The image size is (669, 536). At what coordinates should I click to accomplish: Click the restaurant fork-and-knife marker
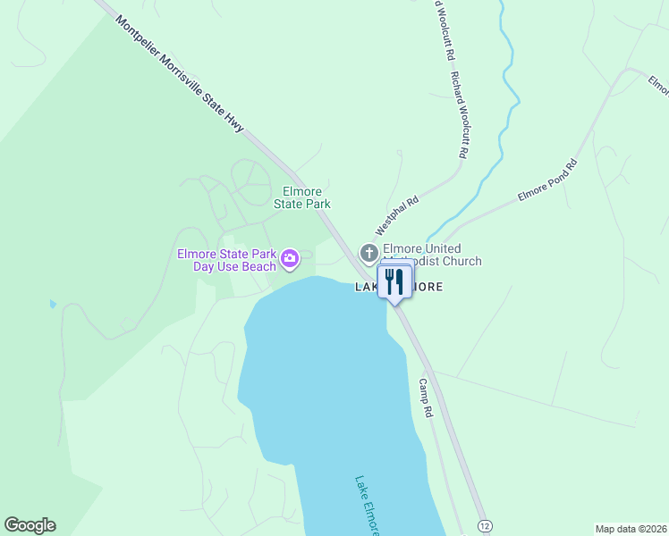tap(394, 282)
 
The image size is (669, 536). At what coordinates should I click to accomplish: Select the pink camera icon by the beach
tap(290, 260)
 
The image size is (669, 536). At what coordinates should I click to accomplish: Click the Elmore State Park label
tap(307, 197)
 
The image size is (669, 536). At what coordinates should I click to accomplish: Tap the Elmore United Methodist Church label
tap(432, 255)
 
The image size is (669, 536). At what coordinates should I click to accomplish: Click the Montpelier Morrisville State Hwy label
tap(180, 68)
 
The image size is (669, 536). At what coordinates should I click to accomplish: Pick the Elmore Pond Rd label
tap(548, 182)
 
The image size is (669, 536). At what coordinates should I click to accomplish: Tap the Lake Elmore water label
tap(368, 505)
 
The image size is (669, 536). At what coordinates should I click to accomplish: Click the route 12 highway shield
tap(484, 525)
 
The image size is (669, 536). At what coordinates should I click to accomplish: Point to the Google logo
tap(30, 525)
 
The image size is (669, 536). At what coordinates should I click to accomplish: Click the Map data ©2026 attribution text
tap(631, 529)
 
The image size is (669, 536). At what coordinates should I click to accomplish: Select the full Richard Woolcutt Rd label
tap(460, 115)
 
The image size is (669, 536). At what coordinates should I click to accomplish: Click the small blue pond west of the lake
tap(53, 305)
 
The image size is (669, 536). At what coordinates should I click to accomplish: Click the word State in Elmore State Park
tap(290, 204)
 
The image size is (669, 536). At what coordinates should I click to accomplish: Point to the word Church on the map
tap(461, 261)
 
